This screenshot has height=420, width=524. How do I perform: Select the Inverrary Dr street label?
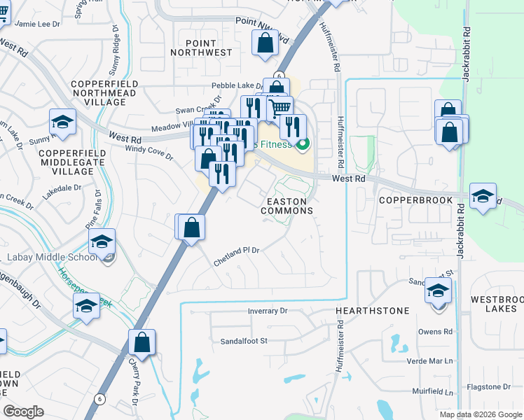pyautogui.click(x=268, y=310)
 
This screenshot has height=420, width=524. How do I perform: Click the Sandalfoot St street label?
pyautogui.click(x=244, y=341)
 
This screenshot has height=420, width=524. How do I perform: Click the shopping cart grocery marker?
pyautogui.click(x=280, y=107)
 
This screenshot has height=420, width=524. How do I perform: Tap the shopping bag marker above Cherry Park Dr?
pyautogui.click(x=142, y=342)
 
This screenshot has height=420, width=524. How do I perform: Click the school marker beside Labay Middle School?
pyautogui.click(x=102, y=241)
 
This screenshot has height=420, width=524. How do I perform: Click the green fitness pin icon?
pyautogui.click(x=303, y=146)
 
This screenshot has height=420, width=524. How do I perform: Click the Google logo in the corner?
pyautogui.click(x=23, y=412)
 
